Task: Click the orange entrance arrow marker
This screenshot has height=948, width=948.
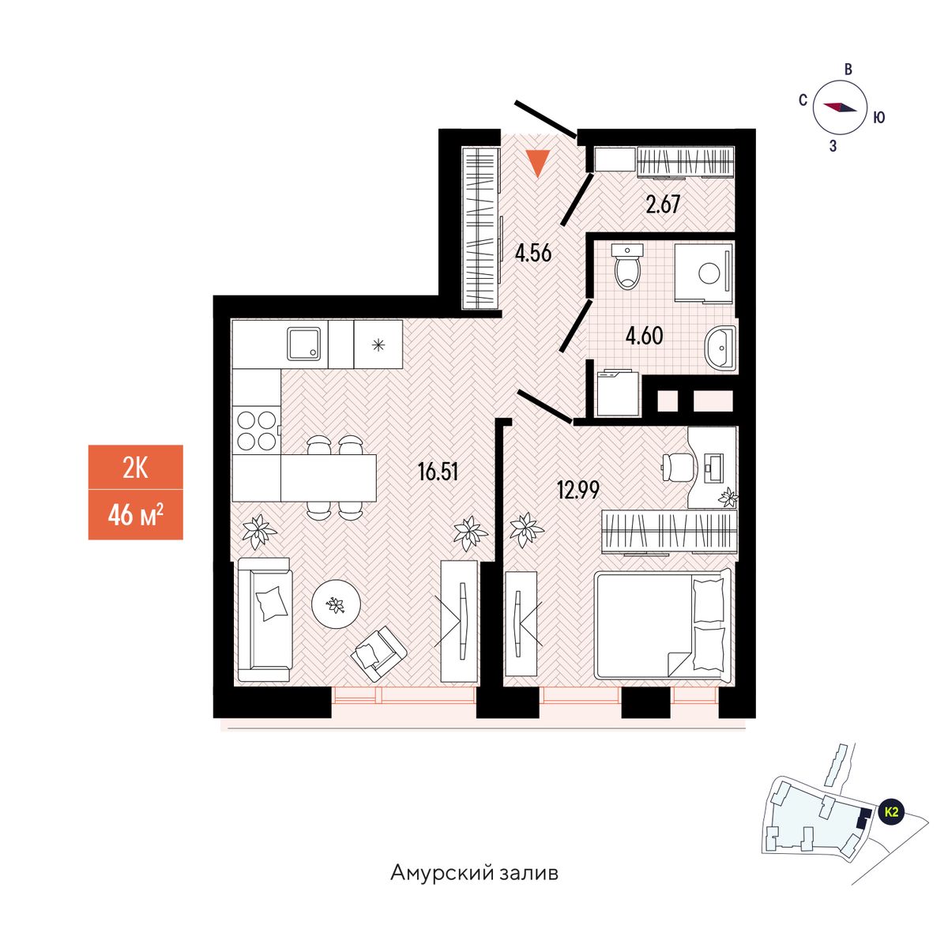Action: click(538, 162)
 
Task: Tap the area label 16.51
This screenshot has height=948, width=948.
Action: click(438, 472)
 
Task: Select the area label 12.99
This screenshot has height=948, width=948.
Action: click(578, 490)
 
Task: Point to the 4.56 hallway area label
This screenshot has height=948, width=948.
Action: click(532, 254)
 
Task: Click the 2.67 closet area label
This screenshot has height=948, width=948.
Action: click(663, 205)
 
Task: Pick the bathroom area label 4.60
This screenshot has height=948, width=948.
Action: click(644, 336)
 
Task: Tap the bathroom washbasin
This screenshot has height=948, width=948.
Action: click(721, 347)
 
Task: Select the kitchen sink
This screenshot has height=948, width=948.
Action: click(306, 344)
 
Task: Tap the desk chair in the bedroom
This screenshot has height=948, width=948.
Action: click(676, 465)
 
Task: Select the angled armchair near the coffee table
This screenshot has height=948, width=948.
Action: click(378, 651)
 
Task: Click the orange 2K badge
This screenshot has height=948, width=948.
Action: click(135, 468)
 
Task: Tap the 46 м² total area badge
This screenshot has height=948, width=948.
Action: click(135, 516)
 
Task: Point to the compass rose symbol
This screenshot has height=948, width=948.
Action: click(841, 108)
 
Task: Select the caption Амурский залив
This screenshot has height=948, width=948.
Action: click(474, 874)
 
